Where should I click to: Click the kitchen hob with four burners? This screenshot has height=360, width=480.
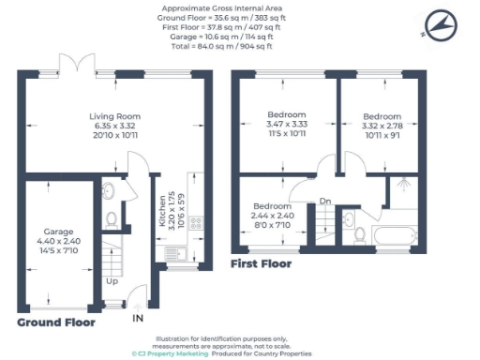198,223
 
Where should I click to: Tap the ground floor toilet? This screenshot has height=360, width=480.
112,219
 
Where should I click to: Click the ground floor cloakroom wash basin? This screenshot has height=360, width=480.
108,191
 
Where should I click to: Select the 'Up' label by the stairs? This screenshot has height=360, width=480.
112,280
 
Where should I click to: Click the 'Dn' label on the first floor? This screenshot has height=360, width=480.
325,202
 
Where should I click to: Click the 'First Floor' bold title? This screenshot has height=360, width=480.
261,264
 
